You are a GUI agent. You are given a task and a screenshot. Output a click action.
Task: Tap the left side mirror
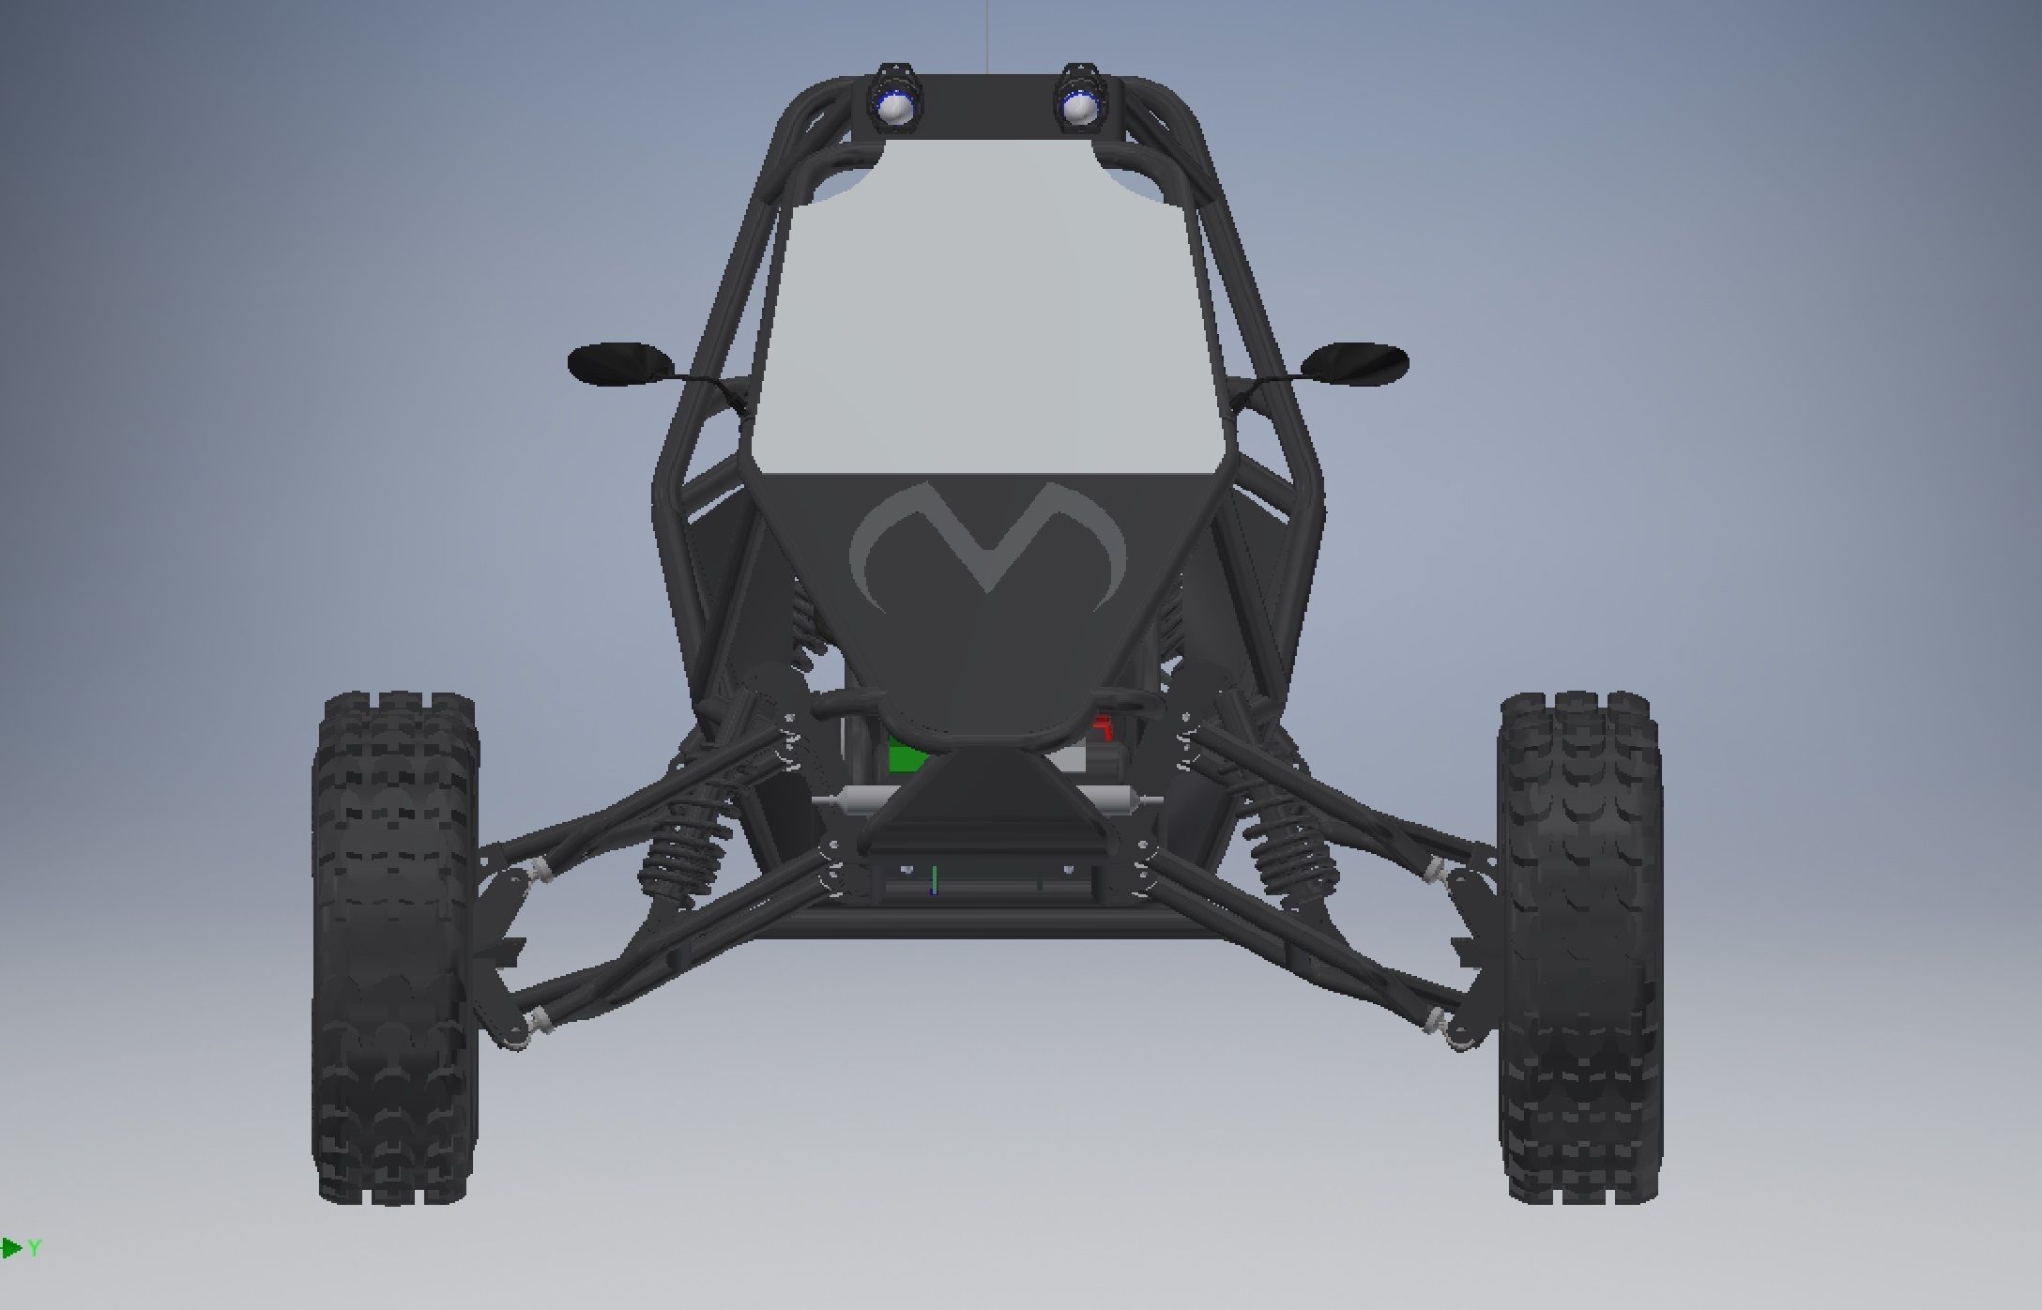tap(620, 363)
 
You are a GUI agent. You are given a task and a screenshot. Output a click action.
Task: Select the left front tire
tap(396, 948)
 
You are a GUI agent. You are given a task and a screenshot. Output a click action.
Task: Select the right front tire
tap(1579, 948)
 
